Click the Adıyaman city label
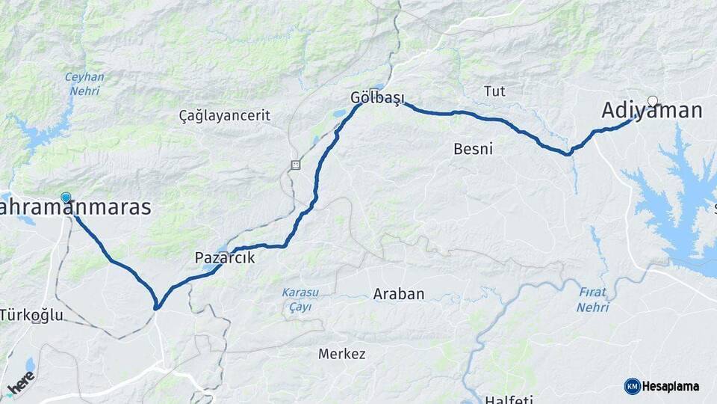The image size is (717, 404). (x=652, y=111)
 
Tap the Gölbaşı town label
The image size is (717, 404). (x=377, y=98)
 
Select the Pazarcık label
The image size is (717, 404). (x=224, y=258)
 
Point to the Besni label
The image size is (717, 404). (x=473, y=149)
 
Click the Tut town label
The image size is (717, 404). (x=494, y=91)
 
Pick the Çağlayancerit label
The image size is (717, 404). (x=224, y=116)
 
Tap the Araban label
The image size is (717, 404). (x=398, y=295)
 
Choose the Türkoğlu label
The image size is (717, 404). (x=31, y=315)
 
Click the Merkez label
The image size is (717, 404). (x=341, y=354)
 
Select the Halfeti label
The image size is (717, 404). (x=510, y=398)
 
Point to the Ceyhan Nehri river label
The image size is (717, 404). (x=84, y=83)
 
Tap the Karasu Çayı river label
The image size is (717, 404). (x=300, y=299)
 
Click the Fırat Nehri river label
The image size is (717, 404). (x=593, y=300)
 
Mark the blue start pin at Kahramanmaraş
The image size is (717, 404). (x=66, y=198)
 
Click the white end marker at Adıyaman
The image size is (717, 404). (x=653, y=101)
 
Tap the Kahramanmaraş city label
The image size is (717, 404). (x=75, y=208)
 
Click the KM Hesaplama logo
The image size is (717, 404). (x=662, y=386)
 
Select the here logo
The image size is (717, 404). (x=21, y=385)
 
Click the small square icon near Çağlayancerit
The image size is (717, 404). (x=297, y=165)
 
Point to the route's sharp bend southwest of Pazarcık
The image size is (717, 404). (x=157, y=306)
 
